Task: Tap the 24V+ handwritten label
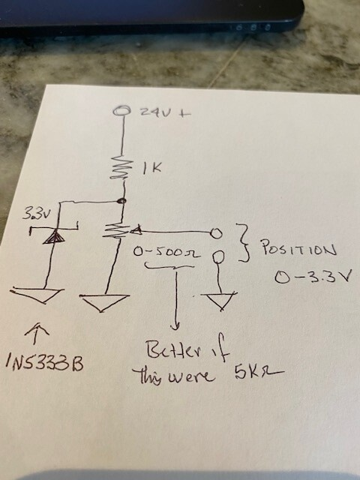coord(165,112)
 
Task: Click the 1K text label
coord(152,168)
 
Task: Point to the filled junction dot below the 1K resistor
coord(121,201)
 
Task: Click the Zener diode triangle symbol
coord(54,237)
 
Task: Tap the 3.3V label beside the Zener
coord(35,214)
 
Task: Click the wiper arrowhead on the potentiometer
coord(136,230)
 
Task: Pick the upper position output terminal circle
coord(215,233)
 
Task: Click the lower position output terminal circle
coord(218,256)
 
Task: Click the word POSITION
coord(298,248)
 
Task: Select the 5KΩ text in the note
coord(259,373)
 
